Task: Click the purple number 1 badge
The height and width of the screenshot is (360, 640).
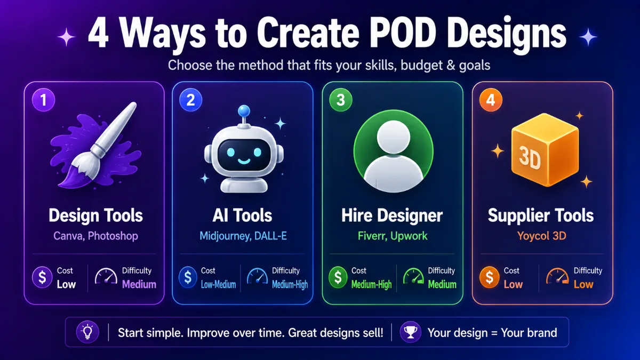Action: pyautogui.click(x=43, y=100)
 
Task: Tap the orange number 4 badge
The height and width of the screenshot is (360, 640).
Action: pyautogui.click(x=491, y=100)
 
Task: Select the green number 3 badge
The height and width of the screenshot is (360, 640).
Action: pyautogui.click(x=341, y=100)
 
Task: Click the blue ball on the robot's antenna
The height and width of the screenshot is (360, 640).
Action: pyautogui.click(x=244, y=111)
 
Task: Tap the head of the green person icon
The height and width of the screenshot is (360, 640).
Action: pyautogui.click(x=394, y=137)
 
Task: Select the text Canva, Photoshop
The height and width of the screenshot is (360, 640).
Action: pyautogui.click(x=95, y=236)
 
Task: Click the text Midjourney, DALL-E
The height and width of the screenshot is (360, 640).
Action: pyautogui.click(x=243, y=236)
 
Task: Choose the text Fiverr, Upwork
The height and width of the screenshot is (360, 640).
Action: pyautogui.click(x=393, y=236)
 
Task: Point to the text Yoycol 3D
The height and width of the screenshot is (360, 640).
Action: pyautogui.click(x=542, y=236)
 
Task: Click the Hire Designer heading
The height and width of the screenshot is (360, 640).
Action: pyautogui.click(x=392, y=215)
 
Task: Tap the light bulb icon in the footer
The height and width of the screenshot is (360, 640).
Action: pyautogui.click(x=87, y=332)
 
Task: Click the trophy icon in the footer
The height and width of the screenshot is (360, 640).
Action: pyautogui.click(x=411, y=332)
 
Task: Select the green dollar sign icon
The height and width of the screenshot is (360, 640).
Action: pyautogui.click(x=338, y=277)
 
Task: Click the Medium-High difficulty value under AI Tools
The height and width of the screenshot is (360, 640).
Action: pyautogui.click(x=290, y=285)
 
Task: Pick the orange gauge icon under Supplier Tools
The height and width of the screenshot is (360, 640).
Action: pyautogui.click(x=557, y=276)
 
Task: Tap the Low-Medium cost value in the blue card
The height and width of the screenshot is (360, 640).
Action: pyautogui.click(x=219, y=285)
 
